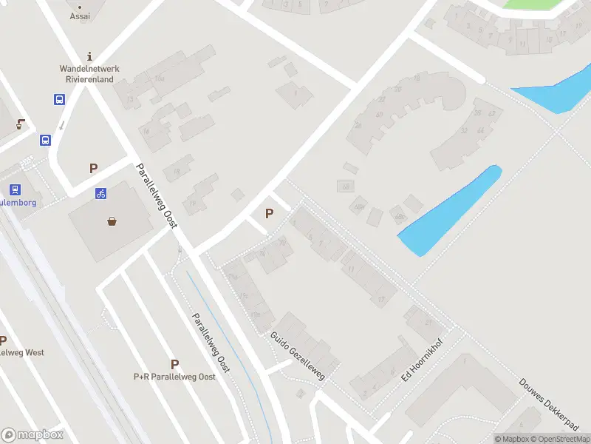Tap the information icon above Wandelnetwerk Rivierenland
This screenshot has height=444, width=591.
[89, 55]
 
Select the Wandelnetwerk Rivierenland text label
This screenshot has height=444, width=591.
[89, 74]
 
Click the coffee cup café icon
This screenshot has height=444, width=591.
[20, 124]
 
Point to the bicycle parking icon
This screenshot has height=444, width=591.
[101, 194]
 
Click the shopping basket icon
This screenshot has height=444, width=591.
[112, 221]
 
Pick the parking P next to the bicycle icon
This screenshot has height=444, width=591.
[93, 169]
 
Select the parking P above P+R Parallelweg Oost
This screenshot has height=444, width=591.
[174, 364]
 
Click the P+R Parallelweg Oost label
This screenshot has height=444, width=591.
[174, 377]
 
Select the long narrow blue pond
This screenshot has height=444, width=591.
[451, 211]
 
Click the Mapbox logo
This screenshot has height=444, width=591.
[33, 435]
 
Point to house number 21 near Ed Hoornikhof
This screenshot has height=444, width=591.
[428, 323]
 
